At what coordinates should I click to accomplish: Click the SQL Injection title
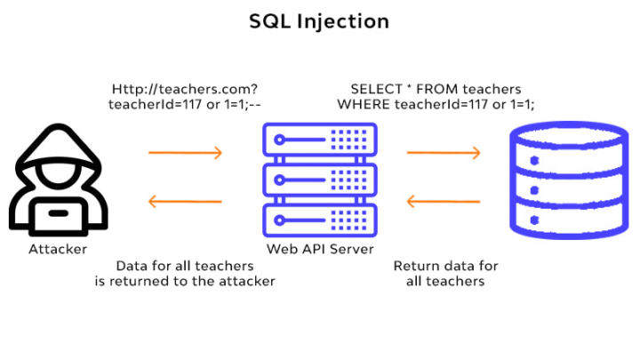[319, 21]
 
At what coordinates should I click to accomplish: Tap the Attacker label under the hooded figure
[58, 249]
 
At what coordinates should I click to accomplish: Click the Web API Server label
[320, 249]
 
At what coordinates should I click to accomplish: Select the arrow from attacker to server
[185, 153]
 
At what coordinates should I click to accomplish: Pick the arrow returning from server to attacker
[185, 201]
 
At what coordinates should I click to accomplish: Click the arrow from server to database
[444, 153]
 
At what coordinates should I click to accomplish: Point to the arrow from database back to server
[444, 201]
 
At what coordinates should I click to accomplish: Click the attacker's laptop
[59, 216]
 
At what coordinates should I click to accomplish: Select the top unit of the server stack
[320, 140]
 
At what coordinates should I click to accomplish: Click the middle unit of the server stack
[320, 180]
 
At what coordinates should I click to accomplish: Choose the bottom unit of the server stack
[320, 220]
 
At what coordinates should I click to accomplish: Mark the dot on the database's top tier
[534, 160]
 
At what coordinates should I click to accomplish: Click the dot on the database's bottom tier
[534, 220]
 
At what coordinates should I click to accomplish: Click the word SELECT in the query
[371, 89]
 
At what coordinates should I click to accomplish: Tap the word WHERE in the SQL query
[364, 105]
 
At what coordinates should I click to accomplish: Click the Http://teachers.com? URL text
[185, 90]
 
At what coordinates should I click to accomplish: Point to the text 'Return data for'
[445, 266]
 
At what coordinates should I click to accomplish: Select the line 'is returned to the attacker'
[185, 281]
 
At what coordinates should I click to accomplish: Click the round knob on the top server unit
[279, 140]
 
